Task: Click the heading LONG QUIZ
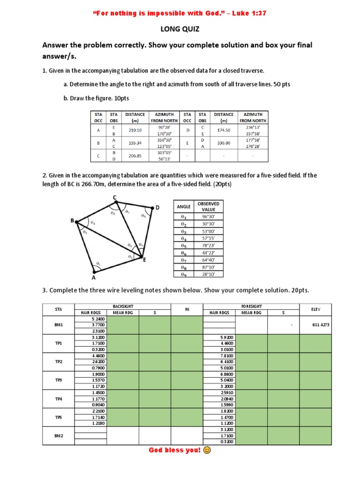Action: (180, 29)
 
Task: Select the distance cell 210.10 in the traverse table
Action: (135, 130)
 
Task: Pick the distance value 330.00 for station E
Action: (224, 142)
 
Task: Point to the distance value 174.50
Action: (224, 130)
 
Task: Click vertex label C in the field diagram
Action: (115, 197)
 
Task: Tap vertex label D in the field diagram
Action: (157, 207)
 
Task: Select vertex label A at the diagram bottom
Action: (93, 277)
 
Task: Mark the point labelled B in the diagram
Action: (73, 221)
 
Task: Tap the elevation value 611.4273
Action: (315, 324)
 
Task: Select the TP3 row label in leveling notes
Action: (59, 380)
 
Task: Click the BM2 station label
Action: (59, 435)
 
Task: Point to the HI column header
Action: (186, 309)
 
